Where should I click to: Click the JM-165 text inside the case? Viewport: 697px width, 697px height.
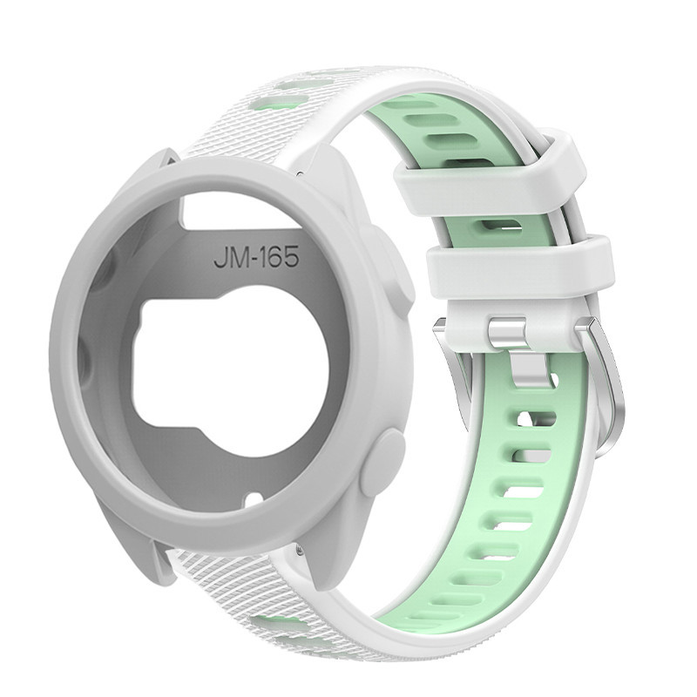pyautogui.click(x=255, y=257)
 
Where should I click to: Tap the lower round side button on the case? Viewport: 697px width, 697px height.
pyautogui.click(x=382, y=463)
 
